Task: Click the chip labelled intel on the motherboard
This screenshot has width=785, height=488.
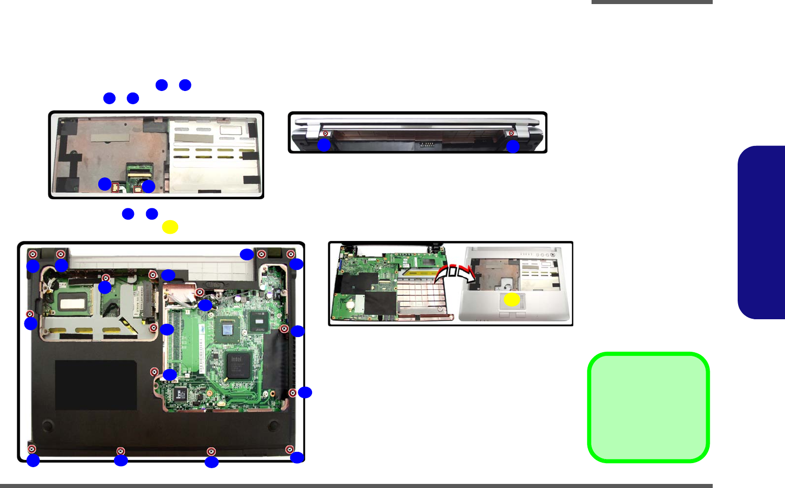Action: point(237,364)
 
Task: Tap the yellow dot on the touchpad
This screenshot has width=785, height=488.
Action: point(512,300)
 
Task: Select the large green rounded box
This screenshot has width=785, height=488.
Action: point(648,407)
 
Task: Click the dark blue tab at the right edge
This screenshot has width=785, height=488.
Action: point(762,232)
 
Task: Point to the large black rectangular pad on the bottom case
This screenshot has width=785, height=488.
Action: point(96,385)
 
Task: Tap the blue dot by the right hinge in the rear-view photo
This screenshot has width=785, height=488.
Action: point(513,146)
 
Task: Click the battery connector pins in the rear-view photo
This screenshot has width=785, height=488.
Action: point(427,144)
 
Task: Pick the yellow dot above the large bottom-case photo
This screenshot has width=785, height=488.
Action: point(170,227)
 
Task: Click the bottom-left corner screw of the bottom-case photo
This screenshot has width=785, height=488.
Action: point(32,449)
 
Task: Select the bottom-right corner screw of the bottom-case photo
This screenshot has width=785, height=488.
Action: point(290,449)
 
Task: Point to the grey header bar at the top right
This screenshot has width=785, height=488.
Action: point(652,2)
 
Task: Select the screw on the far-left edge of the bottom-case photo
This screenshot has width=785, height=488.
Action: point(30,314)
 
